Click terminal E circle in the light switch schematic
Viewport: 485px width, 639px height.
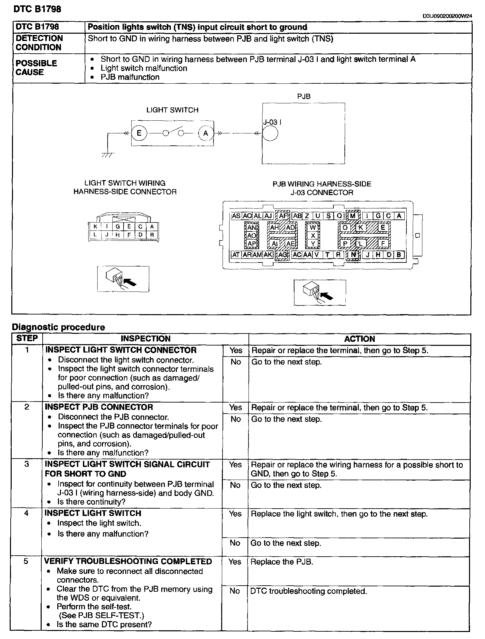coord(139,133)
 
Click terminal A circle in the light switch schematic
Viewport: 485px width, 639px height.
coord(206,133)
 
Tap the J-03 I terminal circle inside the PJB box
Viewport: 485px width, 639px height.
coord(270,134)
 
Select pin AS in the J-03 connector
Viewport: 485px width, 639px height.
coord(236,216)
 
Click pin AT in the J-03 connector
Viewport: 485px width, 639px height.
coord(236,255)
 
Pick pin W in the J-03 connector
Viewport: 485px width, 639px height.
coord(313,227)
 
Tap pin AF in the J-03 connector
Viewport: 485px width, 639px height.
coord(283,216)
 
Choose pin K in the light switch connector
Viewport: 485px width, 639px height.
coord(95,227)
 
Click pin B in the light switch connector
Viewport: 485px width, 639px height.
coord(152,235)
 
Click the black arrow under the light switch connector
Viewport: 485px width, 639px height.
coord(131,282)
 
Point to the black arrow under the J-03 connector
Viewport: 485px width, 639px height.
coord(328,296)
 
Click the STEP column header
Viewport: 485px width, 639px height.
coord(27,338)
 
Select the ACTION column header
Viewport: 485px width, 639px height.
coord(359,339)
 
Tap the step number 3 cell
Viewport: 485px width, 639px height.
coord(27,464)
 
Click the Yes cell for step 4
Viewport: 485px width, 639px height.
coord(235,514)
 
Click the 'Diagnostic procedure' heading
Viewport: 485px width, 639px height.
coord(58,327)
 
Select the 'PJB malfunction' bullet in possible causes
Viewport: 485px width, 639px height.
coord(130,77)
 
